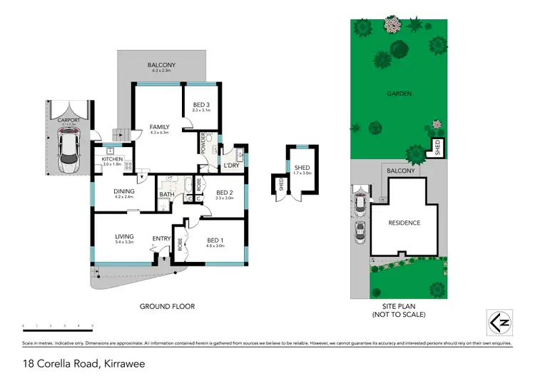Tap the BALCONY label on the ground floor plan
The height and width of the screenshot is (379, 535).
click(x=161, y=65)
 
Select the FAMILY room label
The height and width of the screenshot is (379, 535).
click(x=159, y=127)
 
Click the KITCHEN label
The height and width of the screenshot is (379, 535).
click(x=113, y=159)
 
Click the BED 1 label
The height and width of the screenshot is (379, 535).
click(x=215, y=240)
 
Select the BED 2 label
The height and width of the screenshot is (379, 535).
click(x=224, y=193)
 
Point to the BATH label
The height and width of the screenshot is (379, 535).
click(x=167, y=194)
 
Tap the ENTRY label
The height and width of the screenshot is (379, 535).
click(x=160, y=238)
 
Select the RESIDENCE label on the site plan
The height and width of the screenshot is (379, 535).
click(x=404, y=223)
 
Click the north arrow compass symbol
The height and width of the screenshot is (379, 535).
click(x=499, y=323)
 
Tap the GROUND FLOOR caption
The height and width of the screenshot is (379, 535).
click(x=168, y=306)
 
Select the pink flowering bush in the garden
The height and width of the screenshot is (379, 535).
click(x=392, y=24)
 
